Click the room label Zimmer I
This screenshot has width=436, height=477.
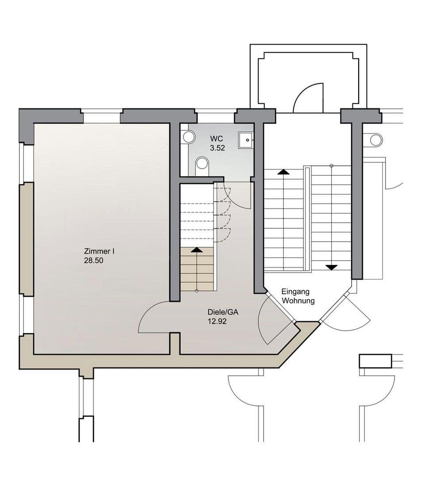pyautogui.click(x=99, y=251)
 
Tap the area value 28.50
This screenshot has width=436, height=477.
pyautogui.click(x=93, y=261)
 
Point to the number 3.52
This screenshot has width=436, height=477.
pyautogui.click(x=217, y=148)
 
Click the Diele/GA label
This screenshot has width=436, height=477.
pyautogui.click(x=223, y=312)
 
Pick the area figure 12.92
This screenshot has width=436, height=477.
pyautogui.click(x=217, y=322)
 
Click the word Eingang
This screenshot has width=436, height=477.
pyautogui.click(x=295, y=291)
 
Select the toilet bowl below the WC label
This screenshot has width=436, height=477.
pyautogui.click(x=202, y=163)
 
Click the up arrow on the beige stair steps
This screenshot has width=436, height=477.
pyautogui.click(x=197, y=250)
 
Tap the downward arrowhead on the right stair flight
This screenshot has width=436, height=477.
pyautogui.click(x=331, y=267)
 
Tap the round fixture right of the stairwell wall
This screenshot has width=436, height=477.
pyautogui.click(x=376, y=140)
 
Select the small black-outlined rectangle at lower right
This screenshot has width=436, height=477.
pyautogui.click(x=375, y=361)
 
